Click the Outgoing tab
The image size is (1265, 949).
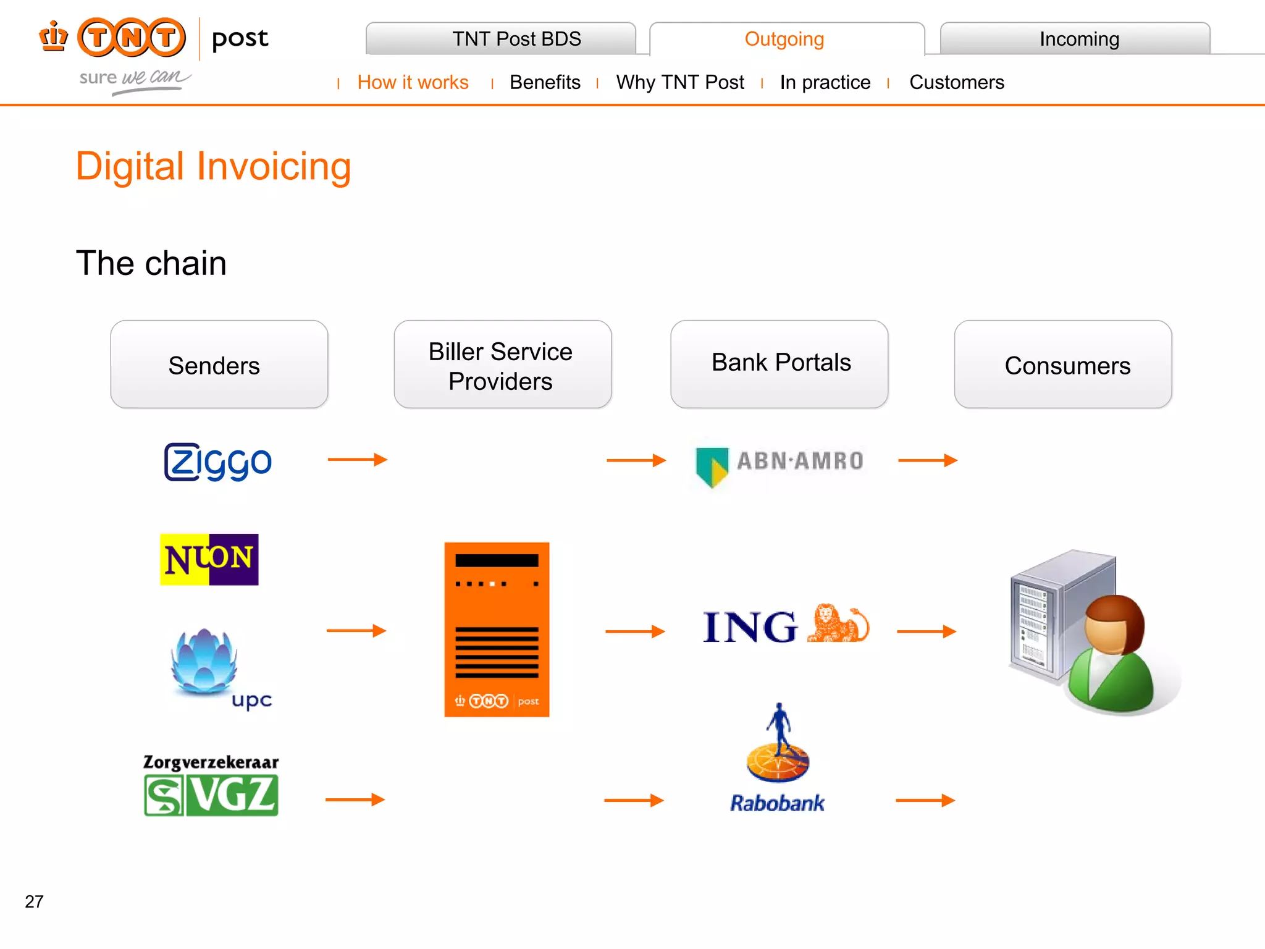click(x=784, y=39)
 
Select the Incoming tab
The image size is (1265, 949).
click(x=1078, y=39)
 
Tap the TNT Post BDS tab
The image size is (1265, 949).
click(x=516, y=39)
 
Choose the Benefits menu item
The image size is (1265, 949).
click(x=545, y=82)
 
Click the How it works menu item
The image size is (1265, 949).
click(x=413, y=82)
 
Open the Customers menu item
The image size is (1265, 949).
click(x=956, y=82)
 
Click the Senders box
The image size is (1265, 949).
click(x=219, y=365)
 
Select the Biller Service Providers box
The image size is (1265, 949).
click(x=502, y=365)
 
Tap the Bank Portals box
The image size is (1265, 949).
click(x=780, y=363)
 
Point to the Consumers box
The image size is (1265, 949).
click(x=1062, y=365)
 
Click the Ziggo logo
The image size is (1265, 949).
click(x=217, y=462)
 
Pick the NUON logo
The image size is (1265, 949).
click(x=209, y=559)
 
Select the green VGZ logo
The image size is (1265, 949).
click(x=211, y=796)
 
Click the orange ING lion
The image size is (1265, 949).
click(x=838, y=624)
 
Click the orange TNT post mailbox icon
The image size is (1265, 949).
click(x=497, y=629)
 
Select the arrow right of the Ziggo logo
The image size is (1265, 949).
click(x=357, y=459)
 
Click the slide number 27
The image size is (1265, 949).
click(x=34, y=901)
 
